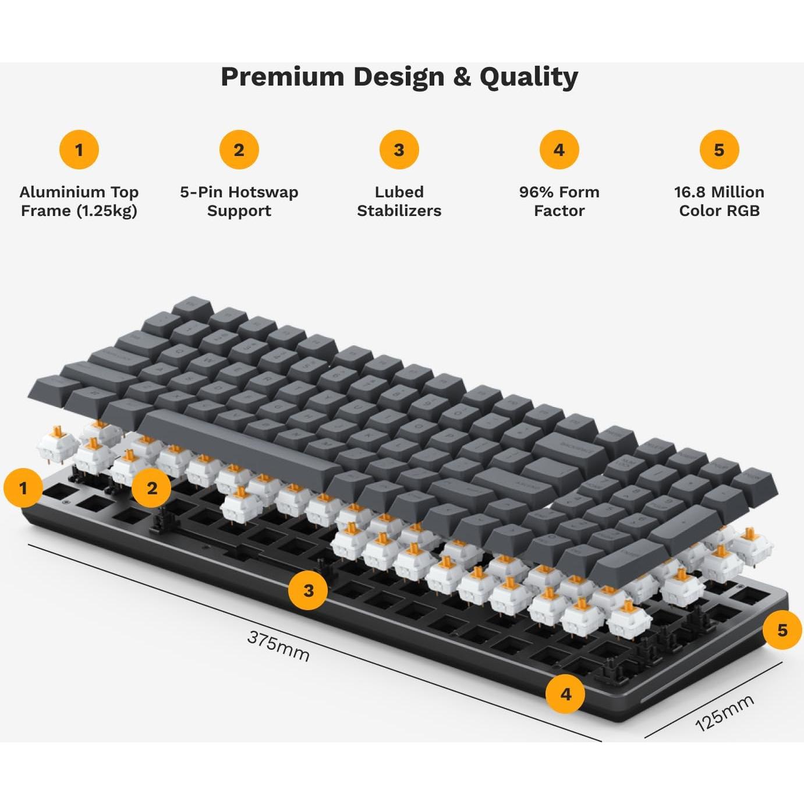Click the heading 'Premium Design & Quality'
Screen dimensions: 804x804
coord(399,77)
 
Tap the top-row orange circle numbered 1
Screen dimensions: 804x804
coord(79,150)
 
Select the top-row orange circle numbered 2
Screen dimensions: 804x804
coord(239,150)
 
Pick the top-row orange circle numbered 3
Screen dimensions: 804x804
coord(399,150)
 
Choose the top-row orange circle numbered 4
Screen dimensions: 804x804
coord(559,150)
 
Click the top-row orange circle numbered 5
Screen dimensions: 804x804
coord(719,150)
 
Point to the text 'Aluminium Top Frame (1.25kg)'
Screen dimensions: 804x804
coord(79,201)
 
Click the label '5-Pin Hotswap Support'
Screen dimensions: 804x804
coord(239,201)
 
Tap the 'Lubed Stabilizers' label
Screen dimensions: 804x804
coord(399,201)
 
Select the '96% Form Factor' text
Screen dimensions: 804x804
coord(559,201)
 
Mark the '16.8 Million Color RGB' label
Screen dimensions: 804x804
coord(719,201)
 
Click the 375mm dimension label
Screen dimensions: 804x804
coord(278,646)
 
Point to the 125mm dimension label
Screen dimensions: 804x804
coord(725,713)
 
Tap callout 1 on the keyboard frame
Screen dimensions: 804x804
coord(23,487)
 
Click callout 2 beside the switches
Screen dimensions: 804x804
coord(152,487)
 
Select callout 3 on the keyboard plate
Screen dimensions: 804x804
coord(309,590)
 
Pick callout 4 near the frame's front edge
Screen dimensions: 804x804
coord(566,694)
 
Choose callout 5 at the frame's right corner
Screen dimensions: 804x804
coord(782,630)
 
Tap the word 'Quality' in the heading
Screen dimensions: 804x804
coord(529,77)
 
